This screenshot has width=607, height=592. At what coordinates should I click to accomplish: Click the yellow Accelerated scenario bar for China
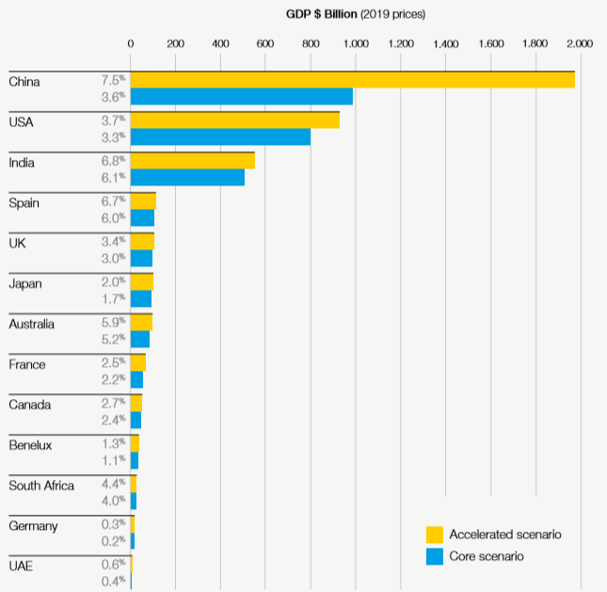(x=352, y=80)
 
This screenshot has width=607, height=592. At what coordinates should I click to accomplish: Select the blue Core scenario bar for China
(x=241, y=96)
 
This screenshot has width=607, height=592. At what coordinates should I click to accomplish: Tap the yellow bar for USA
(x=234, y=120)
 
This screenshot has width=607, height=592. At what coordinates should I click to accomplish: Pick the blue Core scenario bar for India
(x=187, y=177)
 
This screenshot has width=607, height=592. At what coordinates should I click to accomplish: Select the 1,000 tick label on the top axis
(x=355, y=43)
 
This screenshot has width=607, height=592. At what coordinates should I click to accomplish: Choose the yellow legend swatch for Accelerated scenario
(x=435, y=535)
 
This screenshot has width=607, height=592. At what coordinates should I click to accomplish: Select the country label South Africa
(x=40, y=486)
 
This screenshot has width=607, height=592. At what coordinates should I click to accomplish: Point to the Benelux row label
(x=30, y=445)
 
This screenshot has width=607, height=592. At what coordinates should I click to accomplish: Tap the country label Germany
(x=33, y=526)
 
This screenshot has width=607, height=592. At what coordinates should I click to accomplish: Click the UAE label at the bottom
(x=21, y=567)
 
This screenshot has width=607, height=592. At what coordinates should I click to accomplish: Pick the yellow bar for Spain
(x=143, y=201)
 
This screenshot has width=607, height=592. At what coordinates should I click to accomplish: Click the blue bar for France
(x=136, y=379)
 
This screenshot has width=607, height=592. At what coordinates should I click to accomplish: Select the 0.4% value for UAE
(x=114, y=582)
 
